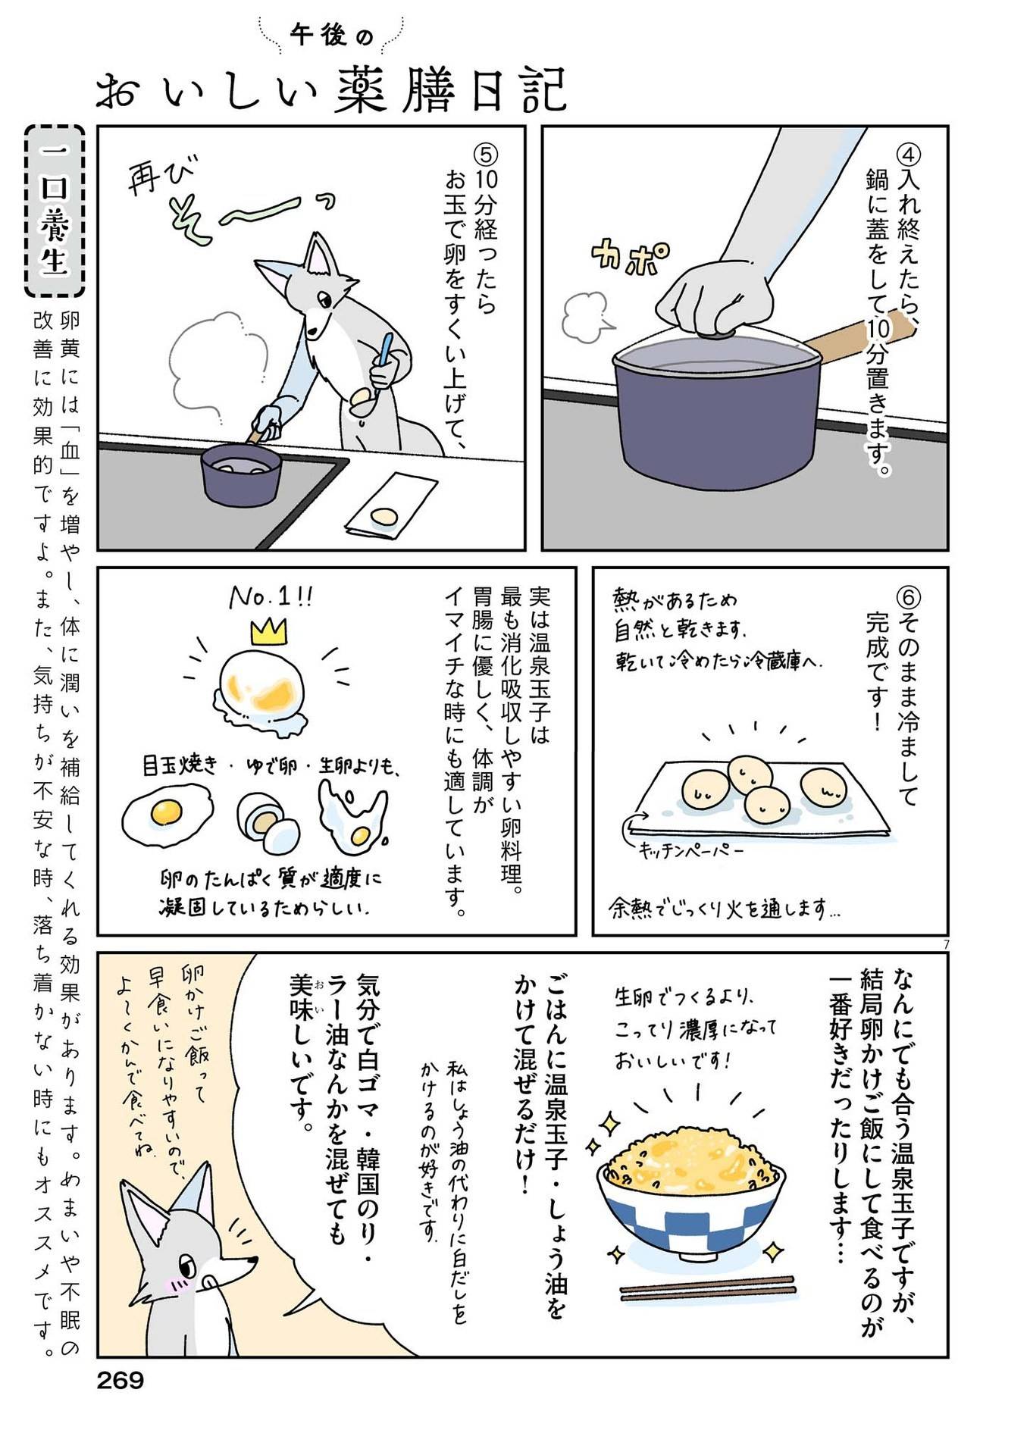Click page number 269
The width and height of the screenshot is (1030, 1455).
[x=120, y=1380]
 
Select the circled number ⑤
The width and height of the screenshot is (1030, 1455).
[x=484, y=154]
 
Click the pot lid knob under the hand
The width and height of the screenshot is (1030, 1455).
[x=716, y=331]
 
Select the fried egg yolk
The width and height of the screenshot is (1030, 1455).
[x=167, y=812]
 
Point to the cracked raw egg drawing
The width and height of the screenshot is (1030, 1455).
[x=352, y=817]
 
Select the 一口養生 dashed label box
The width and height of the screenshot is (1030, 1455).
[x=55, y=211]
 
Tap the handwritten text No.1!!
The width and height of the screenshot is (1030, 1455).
[x=271, y=598]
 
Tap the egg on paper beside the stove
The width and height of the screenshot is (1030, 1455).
[x=384, y=516]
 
